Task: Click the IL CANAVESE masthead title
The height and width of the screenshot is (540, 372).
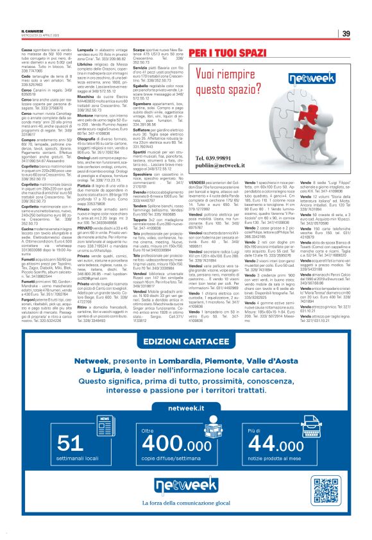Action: click(x=31, y=31)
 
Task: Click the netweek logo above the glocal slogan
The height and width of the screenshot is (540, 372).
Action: click(x=186, y=488)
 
